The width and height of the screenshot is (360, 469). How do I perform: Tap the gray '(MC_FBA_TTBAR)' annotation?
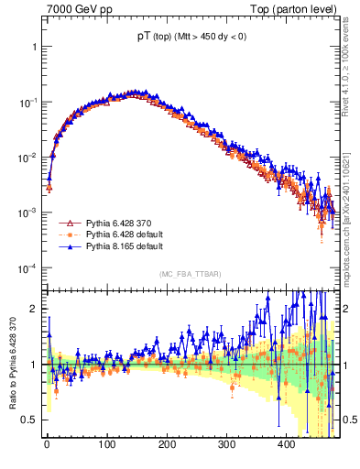point(191,275)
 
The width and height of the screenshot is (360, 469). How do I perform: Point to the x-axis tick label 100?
point(106,444)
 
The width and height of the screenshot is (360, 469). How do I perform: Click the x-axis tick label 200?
point(166,444)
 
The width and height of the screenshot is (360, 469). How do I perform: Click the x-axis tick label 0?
point(47,444)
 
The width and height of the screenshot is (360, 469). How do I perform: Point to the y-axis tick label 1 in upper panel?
point(33,46)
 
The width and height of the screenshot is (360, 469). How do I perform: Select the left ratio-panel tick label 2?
point(33,309)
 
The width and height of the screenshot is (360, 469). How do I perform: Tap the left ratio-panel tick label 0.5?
point(29,420)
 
